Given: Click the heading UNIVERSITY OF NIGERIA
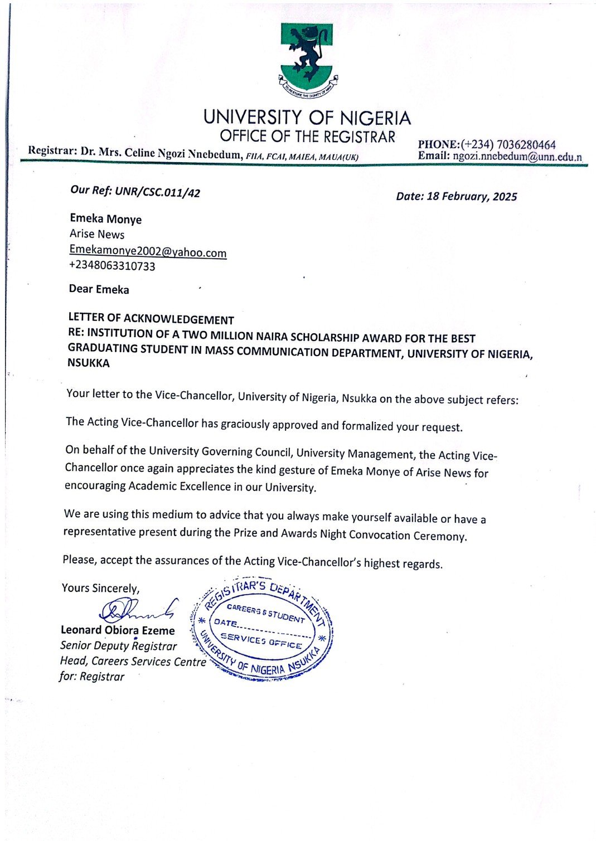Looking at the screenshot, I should click(x=307, y=118).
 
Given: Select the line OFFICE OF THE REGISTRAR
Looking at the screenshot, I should click(x=307, y=137).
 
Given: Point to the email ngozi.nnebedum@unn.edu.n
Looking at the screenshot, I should click(x=517, y=157).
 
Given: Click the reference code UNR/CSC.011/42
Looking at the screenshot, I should click(x=157, y=192).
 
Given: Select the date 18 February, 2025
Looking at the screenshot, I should click(x=472, y=196).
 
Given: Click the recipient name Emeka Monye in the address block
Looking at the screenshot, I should click(x=105, y=219).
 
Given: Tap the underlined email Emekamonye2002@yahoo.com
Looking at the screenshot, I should click(x=148, y=251).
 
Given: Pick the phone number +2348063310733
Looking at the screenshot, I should click(x=112, y=266).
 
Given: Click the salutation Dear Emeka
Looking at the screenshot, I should click(x=99, y=289).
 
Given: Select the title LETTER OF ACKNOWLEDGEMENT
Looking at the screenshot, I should click(x=151, y=319).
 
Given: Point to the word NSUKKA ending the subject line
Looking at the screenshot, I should click(x=89, y=363).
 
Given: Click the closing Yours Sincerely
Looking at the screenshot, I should click(x=100, y=588).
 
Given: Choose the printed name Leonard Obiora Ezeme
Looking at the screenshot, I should click(x=118, y=630).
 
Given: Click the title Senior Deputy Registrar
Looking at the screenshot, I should click(x=118, y=646).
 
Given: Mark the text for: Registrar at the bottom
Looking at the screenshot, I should click(x=91, y=677).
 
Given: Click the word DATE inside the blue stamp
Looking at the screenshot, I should click(x=226, y=623).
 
